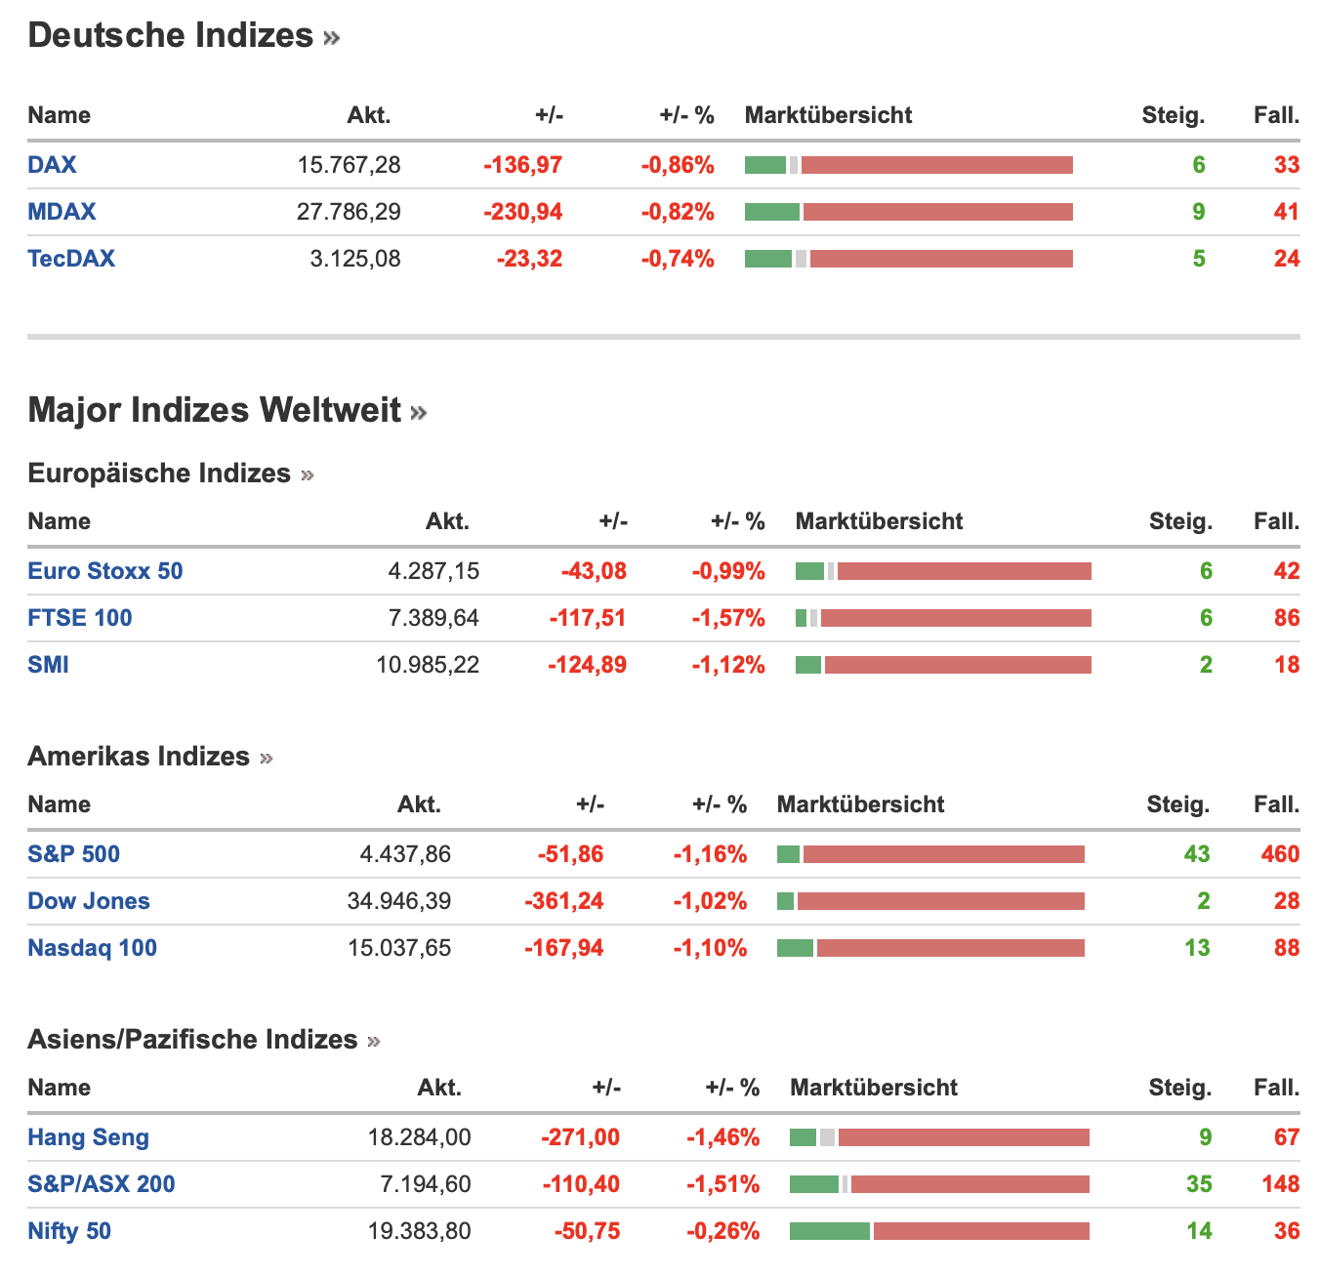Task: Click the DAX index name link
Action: (52, 164)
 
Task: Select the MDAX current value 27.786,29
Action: (349, 212)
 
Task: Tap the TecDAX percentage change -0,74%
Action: (678, 259)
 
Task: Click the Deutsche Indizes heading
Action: (171, 35)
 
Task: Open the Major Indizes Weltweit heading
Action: (215, 410)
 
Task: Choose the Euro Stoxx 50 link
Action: (105, 571)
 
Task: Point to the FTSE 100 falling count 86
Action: (1287, 618)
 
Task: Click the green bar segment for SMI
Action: (808, 665)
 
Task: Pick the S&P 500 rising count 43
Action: (1197, 854)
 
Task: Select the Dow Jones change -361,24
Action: (564, 901)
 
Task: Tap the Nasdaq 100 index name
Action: (93, 948)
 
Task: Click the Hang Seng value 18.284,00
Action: (420, 1137)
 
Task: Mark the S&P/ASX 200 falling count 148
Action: (1280, 1184)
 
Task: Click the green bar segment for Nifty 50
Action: (829, 1231)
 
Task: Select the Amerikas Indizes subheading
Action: (139, 757)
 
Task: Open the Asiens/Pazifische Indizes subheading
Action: (192, 1040)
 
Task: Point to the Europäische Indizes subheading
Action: (159, 474)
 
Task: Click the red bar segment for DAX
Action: (936, 165)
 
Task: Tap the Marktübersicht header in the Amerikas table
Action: (860, 804)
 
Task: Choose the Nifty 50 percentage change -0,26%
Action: (722, 1231)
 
